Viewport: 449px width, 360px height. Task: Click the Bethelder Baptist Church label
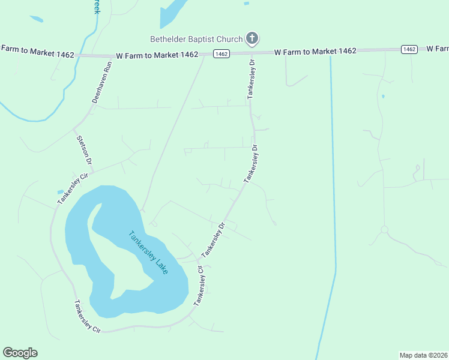(196, 40)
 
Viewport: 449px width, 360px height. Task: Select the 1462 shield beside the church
(221, 54)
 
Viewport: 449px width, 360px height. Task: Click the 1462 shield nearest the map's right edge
(409, 49)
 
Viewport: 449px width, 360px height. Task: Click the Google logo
(20, 353)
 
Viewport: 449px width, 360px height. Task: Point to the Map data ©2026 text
(424, 355)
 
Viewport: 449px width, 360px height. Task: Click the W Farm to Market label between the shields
(316, 52)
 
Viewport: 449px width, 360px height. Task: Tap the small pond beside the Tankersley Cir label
(61, 192)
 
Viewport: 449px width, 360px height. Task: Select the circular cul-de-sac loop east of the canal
(384, 230)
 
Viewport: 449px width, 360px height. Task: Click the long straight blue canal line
(332, 180)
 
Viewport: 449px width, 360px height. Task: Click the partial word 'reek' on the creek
(95, 7)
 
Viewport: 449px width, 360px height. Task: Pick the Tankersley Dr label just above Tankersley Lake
(214, 239)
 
